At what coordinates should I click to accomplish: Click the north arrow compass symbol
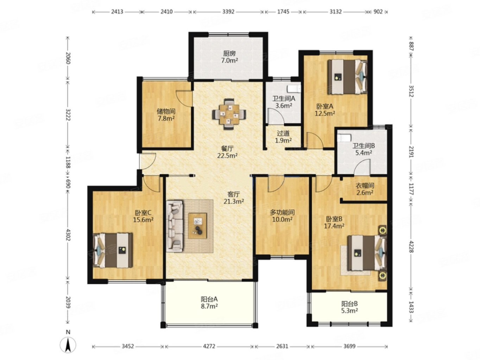point(68,345)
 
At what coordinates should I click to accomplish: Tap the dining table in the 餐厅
point(229,114)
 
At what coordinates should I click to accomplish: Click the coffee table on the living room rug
point(197,226)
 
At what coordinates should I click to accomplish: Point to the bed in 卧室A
point(347,77)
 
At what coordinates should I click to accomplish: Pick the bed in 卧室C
point(113,250)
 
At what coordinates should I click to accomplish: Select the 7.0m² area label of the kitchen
point(229,60)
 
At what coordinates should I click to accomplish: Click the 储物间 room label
point(166,111)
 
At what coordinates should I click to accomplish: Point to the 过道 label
point(283,133)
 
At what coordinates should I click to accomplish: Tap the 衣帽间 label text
point(365,186)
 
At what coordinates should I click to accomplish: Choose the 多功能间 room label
point(282,212)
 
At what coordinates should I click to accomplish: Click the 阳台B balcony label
point(349,304)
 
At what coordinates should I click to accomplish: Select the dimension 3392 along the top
point(228,12)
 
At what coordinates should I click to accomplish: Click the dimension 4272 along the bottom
point(209,346)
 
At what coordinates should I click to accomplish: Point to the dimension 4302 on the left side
point(68,234)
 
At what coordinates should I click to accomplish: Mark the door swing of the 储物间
point(184,98)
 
